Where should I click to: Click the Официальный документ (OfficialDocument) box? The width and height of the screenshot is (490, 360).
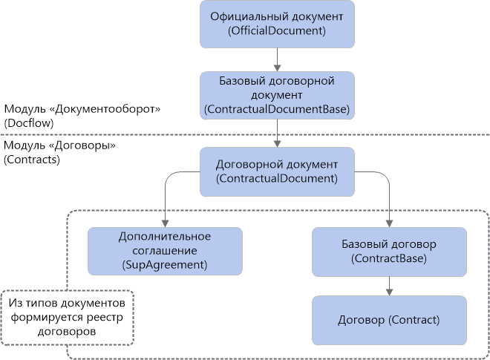pos(276,24)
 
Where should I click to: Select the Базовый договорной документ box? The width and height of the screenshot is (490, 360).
pos(276,95)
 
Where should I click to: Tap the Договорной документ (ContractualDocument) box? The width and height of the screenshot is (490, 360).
pos(276,171)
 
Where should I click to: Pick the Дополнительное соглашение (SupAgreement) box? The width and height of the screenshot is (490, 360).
pos(165,250)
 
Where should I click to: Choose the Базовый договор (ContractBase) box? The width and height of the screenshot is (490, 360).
pos(389,251)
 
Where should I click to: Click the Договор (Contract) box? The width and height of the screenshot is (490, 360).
pos(389,320)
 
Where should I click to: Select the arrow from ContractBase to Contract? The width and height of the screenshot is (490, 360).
pos(389,286)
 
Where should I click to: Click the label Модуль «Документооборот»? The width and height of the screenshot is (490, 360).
pos(82,108)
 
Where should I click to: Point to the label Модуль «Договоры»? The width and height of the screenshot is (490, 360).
pos(60,146)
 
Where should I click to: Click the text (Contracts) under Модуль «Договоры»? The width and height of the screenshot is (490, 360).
pos(31,159)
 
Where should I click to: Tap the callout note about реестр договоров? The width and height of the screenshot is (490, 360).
pos(67,318)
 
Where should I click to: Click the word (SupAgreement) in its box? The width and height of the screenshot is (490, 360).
pos(165,264)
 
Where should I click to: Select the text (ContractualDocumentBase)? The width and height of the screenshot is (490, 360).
pos(276,109)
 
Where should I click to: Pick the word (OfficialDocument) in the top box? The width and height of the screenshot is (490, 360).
pos(276,31)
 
